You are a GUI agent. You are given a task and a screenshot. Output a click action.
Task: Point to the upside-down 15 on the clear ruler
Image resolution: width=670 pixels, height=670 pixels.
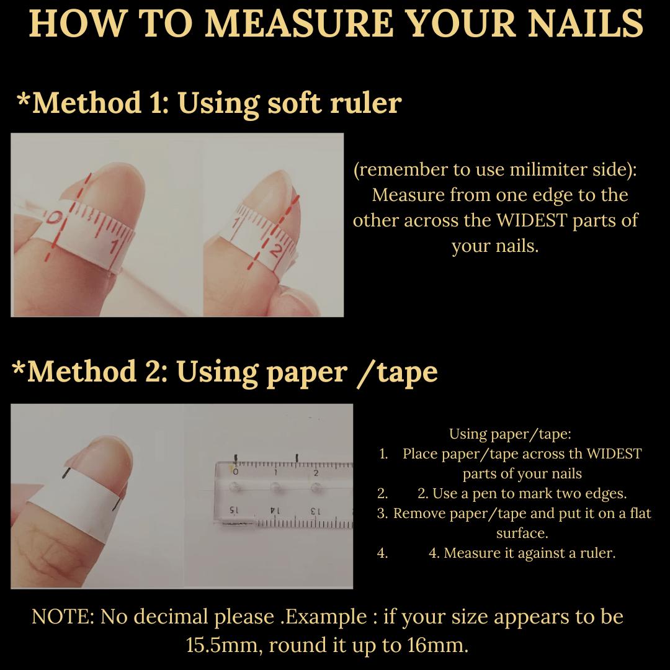click(233, 510)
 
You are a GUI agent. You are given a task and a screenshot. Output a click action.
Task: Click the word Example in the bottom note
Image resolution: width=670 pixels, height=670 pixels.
click(333, 617)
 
